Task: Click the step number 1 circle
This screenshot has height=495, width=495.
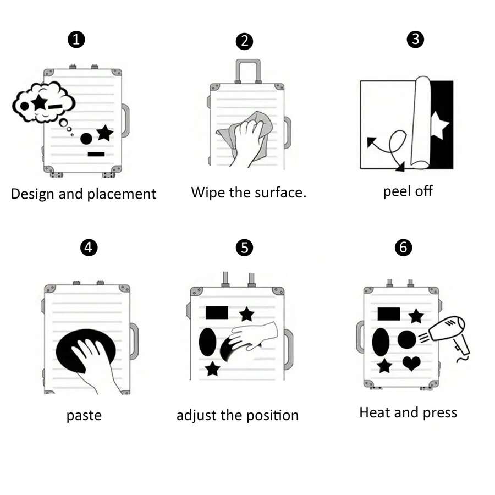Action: [x=76, y=40]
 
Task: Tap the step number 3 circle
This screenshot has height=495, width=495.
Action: [x=415, y=39]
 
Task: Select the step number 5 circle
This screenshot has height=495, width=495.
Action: [x=244, y=248]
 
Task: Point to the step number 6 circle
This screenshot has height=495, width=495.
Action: [x=403, y=247]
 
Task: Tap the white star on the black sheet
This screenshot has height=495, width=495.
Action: [x=439, y=125]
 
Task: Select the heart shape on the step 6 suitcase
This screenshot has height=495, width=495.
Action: [x=411, y=364]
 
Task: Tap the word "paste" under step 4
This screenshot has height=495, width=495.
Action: [x=84, y=416]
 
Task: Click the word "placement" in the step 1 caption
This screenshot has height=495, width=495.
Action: [x=122, y=194]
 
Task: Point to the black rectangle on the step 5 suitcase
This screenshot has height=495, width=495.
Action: [x=217, y=312]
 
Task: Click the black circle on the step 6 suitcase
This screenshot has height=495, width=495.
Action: [x=407, y=340]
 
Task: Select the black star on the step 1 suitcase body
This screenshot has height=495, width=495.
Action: [x=105, y=133]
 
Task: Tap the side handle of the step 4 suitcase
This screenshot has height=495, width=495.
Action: [x=134, y=342]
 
